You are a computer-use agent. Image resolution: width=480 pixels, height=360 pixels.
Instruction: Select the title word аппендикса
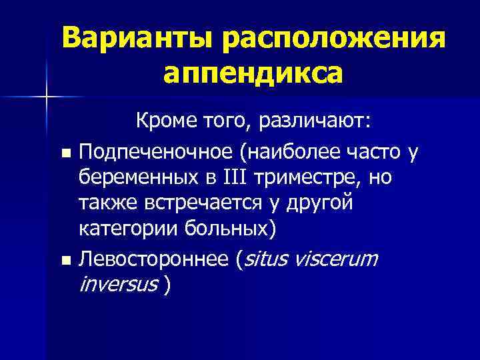pyautogui.click(x=253, y=73)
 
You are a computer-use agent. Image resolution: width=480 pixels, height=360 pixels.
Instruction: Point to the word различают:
pyautogui.click(x=313, y=122)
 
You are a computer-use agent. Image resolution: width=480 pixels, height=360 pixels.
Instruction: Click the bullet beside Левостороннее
pyautogui.click(x=65, y=259)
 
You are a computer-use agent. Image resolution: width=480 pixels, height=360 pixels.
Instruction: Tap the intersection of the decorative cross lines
pyautogui.click(x=47, y=97)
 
